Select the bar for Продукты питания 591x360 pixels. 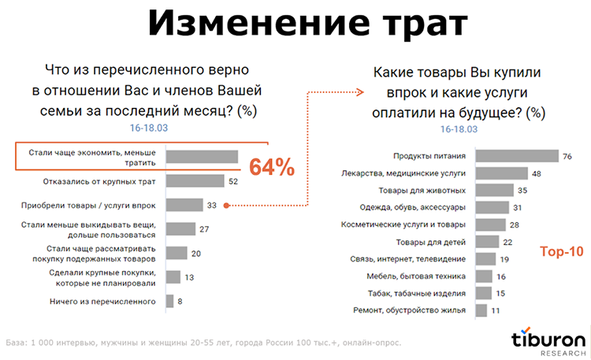(515, 156)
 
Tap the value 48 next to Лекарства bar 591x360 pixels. (536, 173)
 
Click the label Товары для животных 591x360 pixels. (422, 191)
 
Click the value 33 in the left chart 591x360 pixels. (211, 206)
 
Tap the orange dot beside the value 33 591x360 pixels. (227, 206)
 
